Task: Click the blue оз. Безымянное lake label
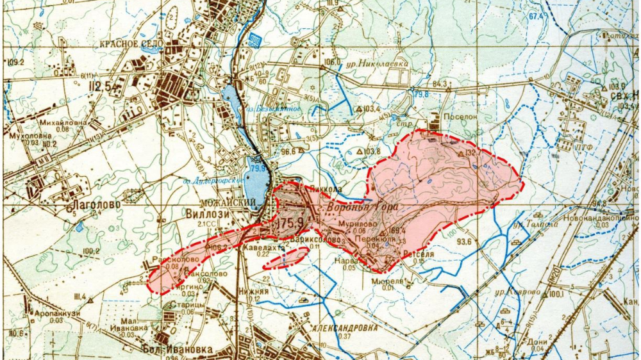point(274,108)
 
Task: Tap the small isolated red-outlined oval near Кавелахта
point(287,258)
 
